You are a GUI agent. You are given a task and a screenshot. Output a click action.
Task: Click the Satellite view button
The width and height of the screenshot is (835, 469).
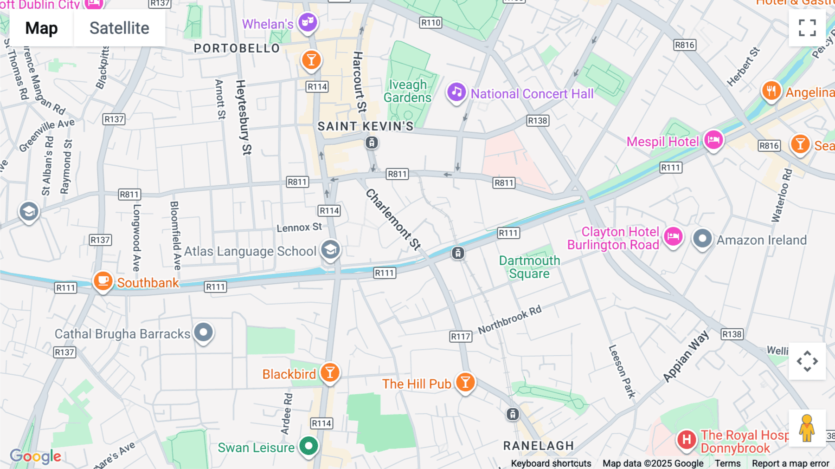click(x=119, y=28)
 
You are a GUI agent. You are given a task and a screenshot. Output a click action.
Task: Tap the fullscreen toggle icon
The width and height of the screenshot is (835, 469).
click(x=807, y=28)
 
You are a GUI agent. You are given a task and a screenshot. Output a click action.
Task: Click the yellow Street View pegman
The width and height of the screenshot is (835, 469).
click(x=807, y=428)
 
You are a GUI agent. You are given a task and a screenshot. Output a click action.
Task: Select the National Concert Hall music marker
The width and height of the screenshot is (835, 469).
click(x=456, y=92)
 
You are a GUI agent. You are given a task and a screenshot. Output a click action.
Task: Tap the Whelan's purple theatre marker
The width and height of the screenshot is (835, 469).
click(x=308, y=22)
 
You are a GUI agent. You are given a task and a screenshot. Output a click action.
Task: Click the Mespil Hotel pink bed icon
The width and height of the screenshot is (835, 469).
click(x=713, y=139)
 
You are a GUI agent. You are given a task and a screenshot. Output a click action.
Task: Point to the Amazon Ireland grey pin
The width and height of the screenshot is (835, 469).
click(x=702, y=239)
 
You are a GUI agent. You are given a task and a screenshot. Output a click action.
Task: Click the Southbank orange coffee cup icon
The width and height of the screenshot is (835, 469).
click(x=103, y=281)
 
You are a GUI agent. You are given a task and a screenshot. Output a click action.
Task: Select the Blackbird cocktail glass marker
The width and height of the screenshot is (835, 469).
click(x=330, y=372)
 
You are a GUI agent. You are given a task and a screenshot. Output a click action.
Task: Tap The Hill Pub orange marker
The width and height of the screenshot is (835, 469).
click(x=465, y=382)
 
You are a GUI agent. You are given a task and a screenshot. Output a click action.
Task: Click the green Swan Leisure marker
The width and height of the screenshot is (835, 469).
click(x=308, y=446)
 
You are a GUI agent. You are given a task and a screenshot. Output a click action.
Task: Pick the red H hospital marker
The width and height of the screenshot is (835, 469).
click(x=686, y=439)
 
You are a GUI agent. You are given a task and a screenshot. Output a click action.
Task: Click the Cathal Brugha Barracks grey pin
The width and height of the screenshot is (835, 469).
click(x=203, y=332)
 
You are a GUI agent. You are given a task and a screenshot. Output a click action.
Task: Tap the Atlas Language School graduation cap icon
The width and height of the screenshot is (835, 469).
click(x=330, y=250)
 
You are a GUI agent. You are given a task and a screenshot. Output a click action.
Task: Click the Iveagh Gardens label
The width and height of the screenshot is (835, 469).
click(x=407, y=91)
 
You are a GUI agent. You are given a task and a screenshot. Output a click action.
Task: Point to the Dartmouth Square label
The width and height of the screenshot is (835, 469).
click(x=529, y=267)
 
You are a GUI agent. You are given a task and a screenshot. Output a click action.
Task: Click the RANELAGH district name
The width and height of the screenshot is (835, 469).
click(x=539, y=446)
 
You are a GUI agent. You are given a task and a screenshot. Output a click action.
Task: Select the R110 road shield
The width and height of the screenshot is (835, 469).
click(x=430, y=22)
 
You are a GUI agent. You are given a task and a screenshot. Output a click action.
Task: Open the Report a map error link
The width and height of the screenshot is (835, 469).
click(x=790, y=463)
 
